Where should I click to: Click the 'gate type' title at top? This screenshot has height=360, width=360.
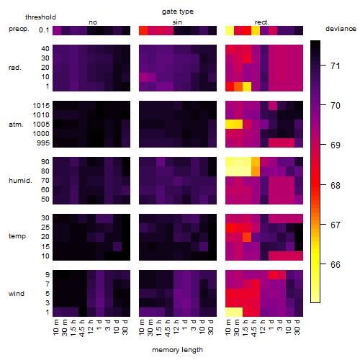click(x=178, y=12)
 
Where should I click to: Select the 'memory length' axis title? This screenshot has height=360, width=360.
click(x=177, y=350)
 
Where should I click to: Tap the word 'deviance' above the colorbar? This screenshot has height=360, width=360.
click(x=341, y=29)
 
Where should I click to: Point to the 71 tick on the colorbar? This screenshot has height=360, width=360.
click(x=323, y=65)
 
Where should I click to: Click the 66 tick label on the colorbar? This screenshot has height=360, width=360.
click(x=336, y=264)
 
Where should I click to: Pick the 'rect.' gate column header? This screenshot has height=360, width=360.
click(x=262, y=22)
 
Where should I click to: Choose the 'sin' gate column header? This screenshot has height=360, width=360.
click(x=177, y=22)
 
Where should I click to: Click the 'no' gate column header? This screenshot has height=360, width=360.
click(x=93, y=22)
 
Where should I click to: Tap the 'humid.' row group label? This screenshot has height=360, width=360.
click(x=20, y=181)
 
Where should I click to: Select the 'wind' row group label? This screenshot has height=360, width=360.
click(x=17, y=294)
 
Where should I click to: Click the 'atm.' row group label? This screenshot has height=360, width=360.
click(x=16, y=125)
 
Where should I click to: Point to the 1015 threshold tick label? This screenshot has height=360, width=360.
click(x=41, y=106)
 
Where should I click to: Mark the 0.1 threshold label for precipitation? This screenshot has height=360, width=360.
click(x=44, y=30)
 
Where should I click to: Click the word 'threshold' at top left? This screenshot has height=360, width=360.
click(x=40, y=17)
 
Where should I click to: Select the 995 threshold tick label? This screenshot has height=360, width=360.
click(x=43, y=143)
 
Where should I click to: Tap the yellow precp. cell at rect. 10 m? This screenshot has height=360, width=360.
click(x=230, y=31)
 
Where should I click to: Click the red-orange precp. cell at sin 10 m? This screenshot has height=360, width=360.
click(x=143, y=31)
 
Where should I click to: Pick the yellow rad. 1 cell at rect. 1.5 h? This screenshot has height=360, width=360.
click(x=247, y=86)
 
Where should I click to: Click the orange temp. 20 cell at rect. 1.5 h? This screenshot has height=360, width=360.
click(x=247, y=237)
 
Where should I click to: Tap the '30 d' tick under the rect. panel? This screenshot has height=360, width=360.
click(x=297, y=327)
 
